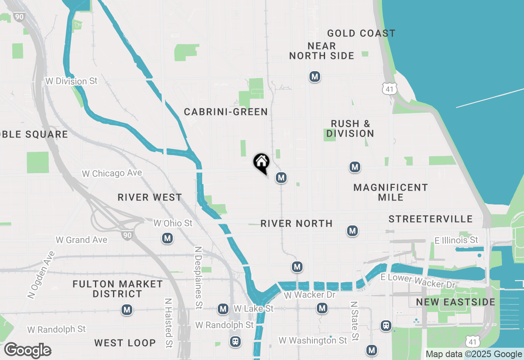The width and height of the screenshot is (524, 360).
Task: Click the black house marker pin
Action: (262, 162)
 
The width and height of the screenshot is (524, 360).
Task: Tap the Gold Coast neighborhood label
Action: (361, 34)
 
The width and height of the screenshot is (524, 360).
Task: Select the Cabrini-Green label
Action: (226, 112)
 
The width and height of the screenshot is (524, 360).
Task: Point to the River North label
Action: (296, 223)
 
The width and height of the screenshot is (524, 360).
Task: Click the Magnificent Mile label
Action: (391, 192)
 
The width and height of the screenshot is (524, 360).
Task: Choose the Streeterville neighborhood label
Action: (431, 219)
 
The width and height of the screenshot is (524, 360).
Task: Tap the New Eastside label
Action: (456, 302)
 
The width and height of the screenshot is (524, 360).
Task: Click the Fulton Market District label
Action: (117, 289)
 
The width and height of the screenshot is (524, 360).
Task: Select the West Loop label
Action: (125, 343)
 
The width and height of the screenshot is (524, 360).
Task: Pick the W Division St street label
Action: (72, 81)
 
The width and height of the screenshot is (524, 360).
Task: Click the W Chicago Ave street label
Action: (112, 173)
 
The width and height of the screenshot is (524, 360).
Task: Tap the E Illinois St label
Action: (456, 240)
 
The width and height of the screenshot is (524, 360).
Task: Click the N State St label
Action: (355, 321)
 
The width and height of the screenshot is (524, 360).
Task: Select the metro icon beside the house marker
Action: (281, 178)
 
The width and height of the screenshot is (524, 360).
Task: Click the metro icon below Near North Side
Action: (314, 76)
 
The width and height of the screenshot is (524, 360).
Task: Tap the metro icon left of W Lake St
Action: (223, 309)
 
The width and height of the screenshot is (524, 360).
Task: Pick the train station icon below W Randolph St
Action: (235, 341)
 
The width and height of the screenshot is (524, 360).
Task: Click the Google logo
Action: (28, 351)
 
